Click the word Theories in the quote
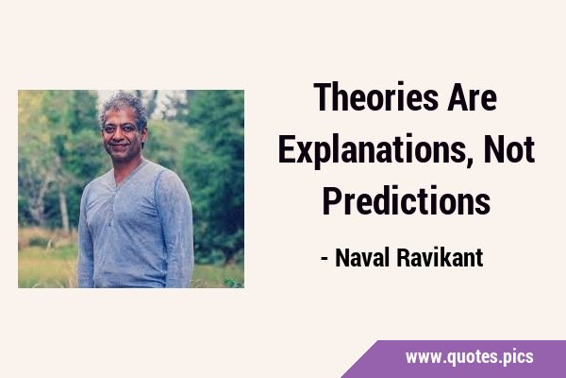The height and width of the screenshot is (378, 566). [375, 96]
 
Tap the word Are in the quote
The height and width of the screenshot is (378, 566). [473, 96]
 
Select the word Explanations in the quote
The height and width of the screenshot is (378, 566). [372, 149]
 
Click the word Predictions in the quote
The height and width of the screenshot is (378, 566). [406, 200]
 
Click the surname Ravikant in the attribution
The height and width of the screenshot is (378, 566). [440, 258]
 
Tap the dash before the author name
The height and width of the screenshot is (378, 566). [325, 259]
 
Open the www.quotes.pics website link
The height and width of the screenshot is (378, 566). [469, 357]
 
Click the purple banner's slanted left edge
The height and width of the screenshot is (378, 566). [360, 359]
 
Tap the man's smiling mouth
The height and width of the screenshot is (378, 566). [119, 146]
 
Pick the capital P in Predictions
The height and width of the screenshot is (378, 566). [331, 200]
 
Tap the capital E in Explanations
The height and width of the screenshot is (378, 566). [287, 148]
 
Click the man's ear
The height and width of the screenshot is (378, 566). [142, 132]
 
